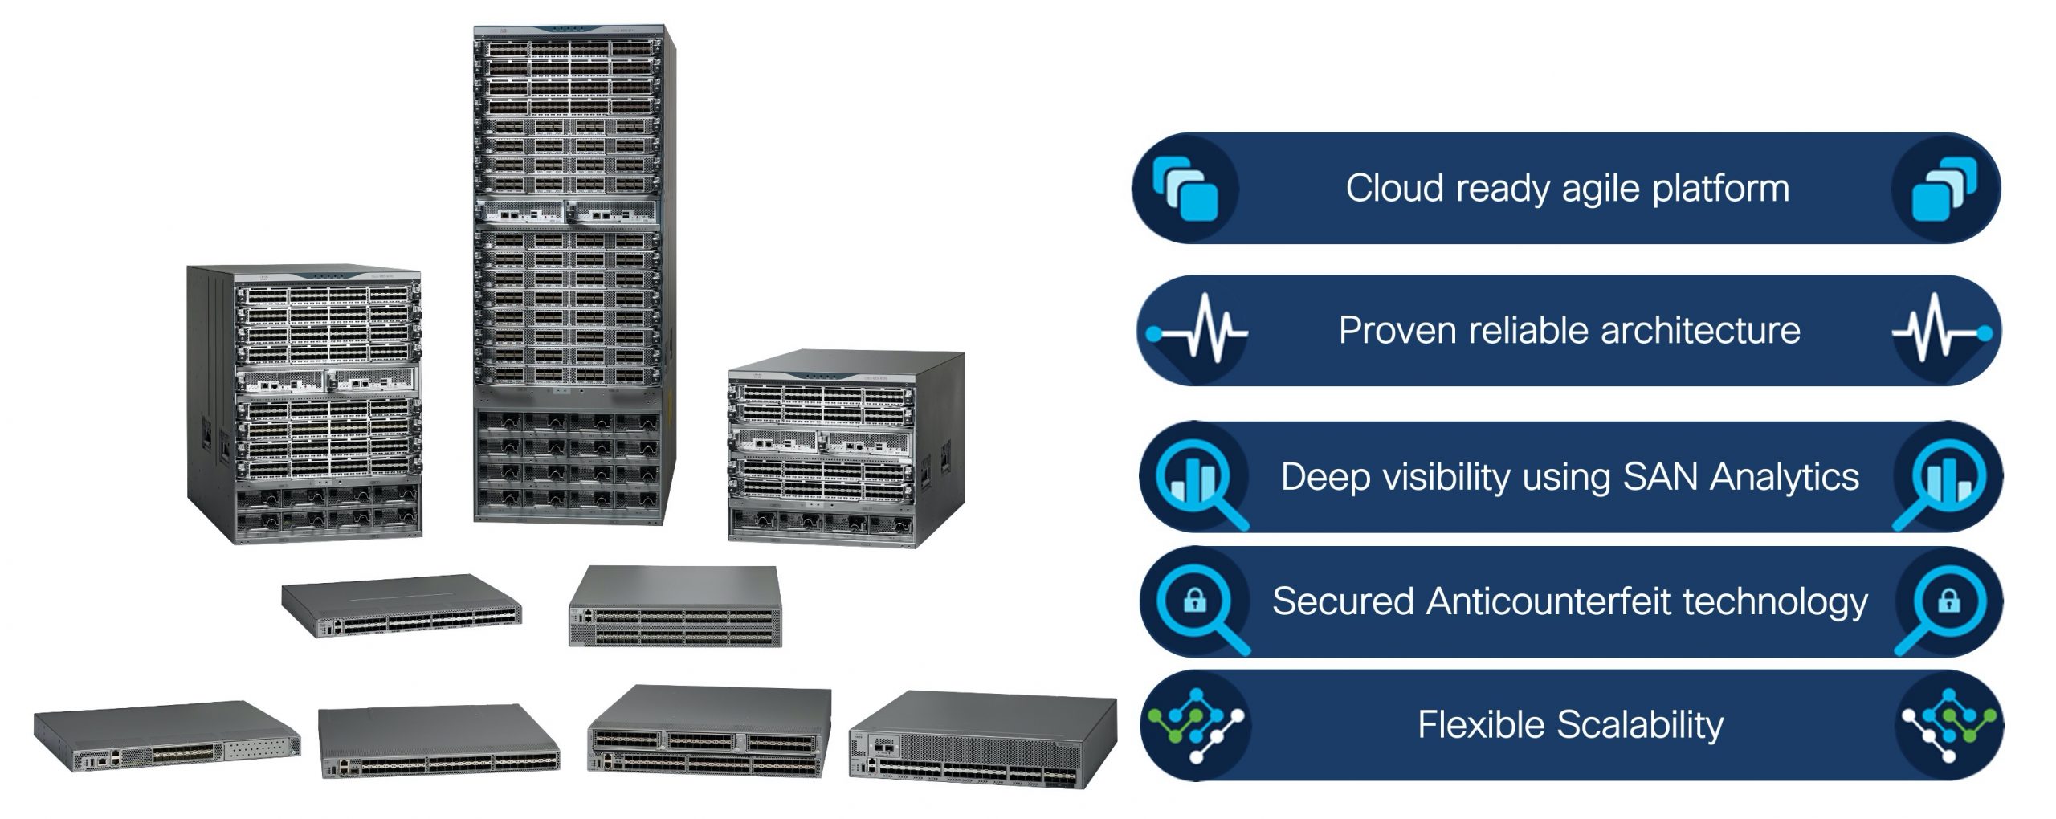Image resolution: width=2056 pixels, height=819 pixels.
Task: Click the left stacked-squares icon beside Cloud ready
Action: (x=1185, y=189)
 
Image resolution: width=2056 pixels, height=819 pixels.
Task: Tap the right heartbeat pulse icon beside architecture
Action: (x=1944, y=332)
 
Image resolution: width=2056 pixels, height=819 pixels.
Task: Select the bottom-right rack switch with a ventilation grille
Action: (x=982, y=740)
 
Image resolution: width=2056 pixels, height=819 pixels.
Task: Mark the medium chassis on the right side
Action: (x=845, y=450)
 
